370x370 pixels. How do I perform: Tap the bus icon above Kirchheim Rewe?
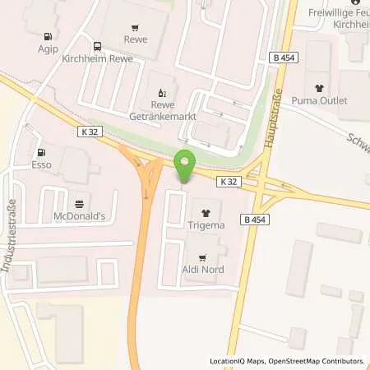pos(97,46)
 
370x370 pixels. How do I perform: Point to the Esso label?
pos(41,164)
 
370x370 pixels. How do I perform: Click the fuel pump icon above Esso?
pos(41,152)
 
